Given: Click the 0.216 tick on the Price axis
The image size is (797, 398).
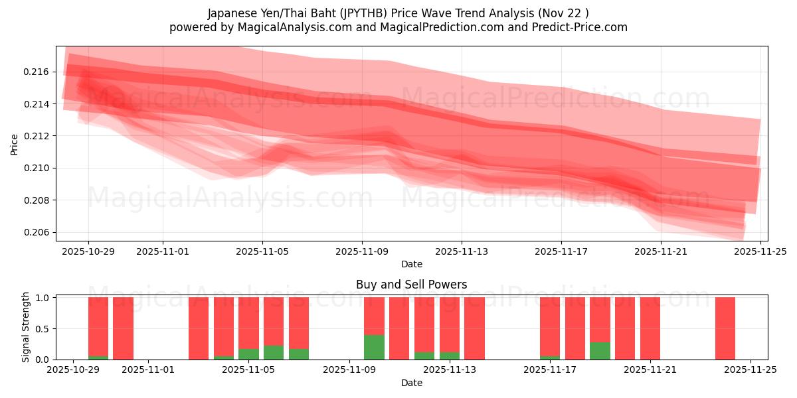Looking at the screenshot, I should point(39,72).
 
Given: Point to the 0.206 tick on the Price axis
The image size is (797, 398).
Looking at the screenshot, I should point(39,232).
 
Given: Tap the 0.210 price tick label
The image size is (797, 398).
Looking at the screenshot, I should point(39,168).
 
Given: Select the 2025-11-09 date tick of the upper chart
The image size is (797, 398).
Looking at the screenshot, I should point(362,252).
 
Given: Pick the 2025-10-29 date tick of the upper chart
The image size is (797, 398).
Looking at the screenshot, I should point(88,252).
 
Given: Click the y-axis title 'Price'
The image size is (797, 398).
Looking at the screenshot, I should point(15,144).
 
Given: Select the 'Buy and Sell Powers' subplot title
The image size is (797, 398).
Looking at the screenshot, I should point(411,285).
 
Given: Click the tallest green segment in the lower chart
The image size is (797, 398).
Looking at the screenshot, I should point(374,347).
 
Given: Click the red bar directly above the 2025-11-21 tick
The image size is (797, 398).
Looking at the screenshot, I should point(650,328).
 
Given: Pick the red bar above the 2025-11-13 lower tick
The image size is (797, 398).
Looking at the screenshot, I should point(450,322).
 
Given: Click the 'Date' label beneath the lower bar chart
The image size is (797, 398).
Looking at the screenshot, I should point(411,383).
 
